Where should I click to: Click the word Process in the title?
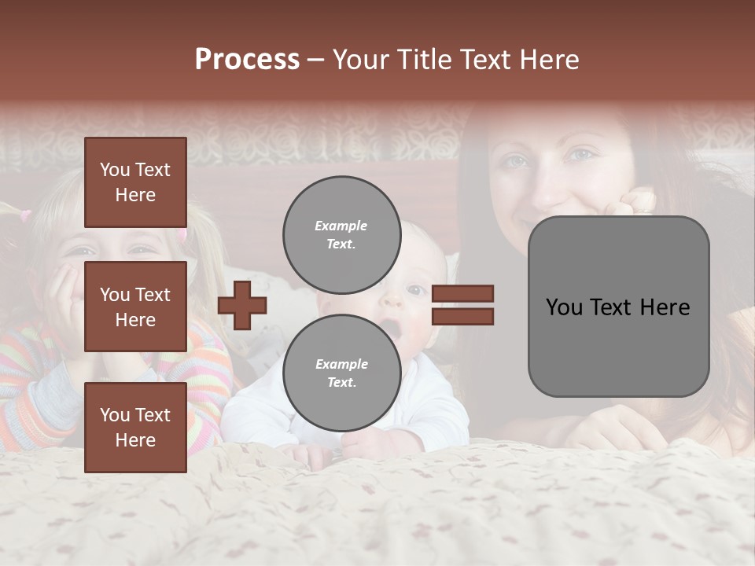(247, 60)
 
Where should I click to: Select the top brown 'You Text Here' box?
(135, 182)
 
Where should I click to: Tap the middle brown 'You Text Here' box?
(135, 307)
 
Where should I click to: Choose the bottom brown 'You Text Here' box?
(135, 428)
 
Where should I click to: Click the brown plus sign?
(242, 305)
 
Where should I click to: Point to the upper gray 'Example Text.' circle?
(341, 234)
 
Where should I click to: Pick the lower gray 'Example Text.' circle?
(341, 373)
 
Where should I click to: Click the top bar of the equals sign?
(462, 293)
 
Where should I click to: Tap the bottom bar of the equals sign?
(462, 317)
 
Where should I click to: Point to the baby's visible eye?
(414, 291)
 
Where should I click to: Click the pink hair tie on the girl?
(182, 233)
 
